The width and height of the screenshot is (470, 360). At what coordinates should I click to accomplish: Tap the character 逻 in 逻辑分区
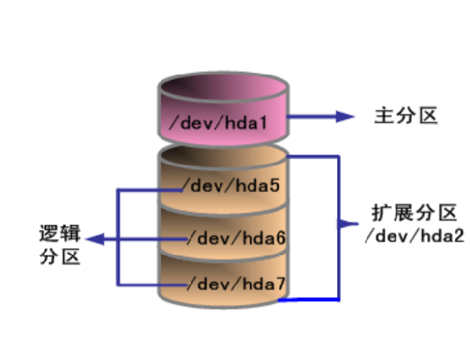pos(50,234)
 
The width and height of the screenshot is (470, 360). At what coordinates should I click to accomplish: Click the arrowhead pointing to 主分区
pos(345,117)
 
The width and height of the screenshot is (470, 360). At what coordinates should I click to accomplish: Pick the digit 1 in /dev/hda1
pos(259,121)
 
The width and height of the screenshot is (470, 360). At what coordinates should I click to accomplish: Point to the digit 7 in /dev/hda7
pos(280,283)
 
